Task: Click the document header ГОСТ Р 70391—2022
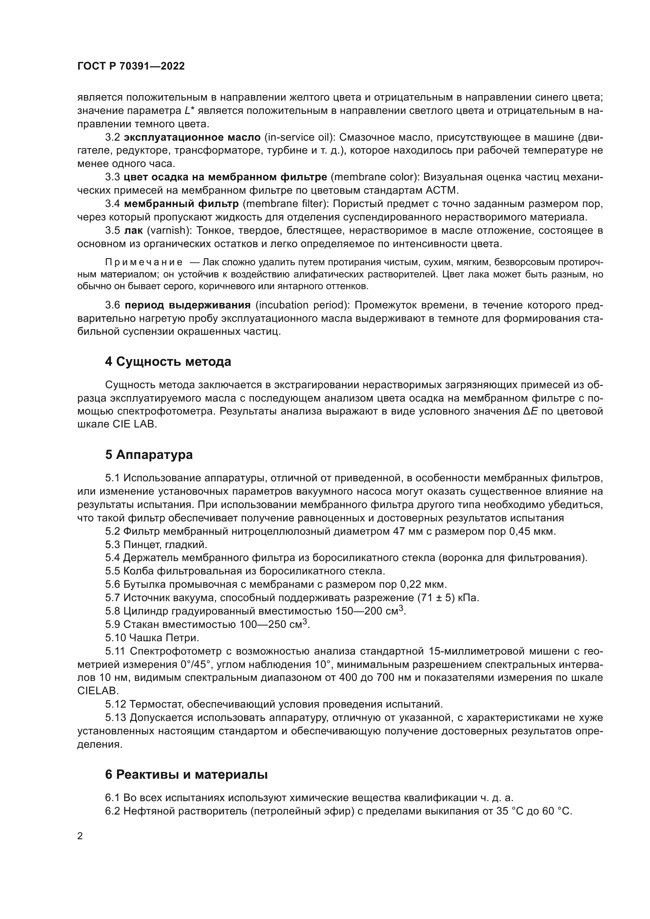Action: pyautogui.click(x=131, y=66)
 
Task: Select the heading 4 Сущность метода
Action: pyautogui.click(x=168, y=362)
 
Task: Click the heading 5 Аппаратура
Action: pyautogui.click(x=149, y=455)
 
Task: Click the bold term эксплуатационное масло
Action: pyautogui.click(x=192, y=137)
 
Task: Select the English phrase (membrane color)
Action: pyautogui.click(x=374, y=177)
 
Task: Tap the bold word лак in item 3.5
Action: pyautogui.click(x=133, y=231)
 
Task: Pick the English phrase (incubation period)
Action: pyautogui.click(x=303, y=305)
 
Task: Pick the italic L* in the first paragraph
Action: pyautogui.click(x=189, y=111)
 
